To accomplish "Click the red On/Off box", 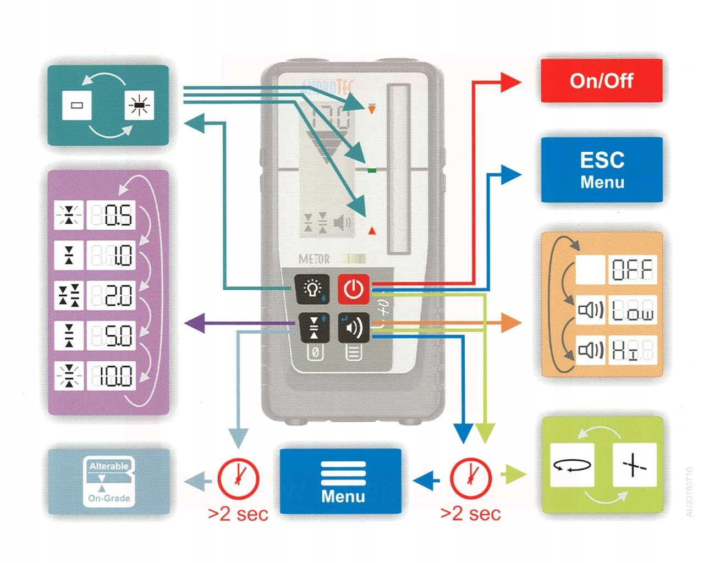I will click(601, 81).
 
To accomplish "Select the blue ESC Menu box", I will click(602, 169).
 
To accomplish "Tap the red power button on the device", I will click(353, 289).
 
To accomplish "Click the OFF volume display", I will click(632, 269).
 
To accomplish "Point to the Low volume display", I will click(632, 310).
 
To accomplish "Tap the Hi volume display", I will click(632, 350).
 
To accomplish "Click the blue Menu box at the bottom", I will click(340, 482).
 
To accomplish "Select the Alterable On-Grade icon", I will click(109, 482).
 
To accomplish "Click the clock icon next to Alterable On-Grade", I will click(238, 478).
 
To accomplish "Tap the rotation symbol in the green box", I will click(572, 465).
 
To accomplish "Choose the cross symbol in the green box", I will click(634, 465).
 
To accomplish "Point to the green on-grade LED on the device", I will click(372, 170).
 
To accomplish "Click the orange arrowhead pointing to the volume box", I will click(512, 323).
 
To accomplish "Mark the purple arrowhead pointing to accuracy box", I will click(194, 323).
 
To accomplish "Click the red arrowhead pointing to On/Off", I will click(511, 82).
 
